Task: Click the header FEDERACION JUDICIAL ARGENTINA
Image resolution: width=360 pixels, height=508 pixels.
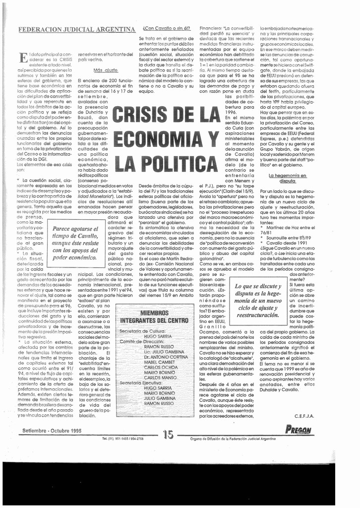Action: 77,29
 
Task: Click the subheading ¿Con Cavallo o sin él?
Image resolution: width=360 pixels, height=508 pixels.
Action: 166,28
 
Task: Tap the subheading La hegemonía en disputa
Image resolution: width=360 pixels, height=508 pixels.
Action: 287,178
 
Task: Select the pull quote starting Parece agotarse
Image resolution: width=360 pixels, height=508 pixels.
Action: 75,244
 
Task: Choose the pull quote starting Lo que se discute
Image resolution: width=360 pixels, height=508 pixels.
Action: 257,301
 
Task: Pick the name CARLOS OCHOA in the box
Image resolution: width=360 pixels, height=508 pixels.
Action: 162,368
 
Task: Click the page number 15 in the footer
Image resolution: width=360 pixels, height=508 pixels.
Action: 168,435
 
